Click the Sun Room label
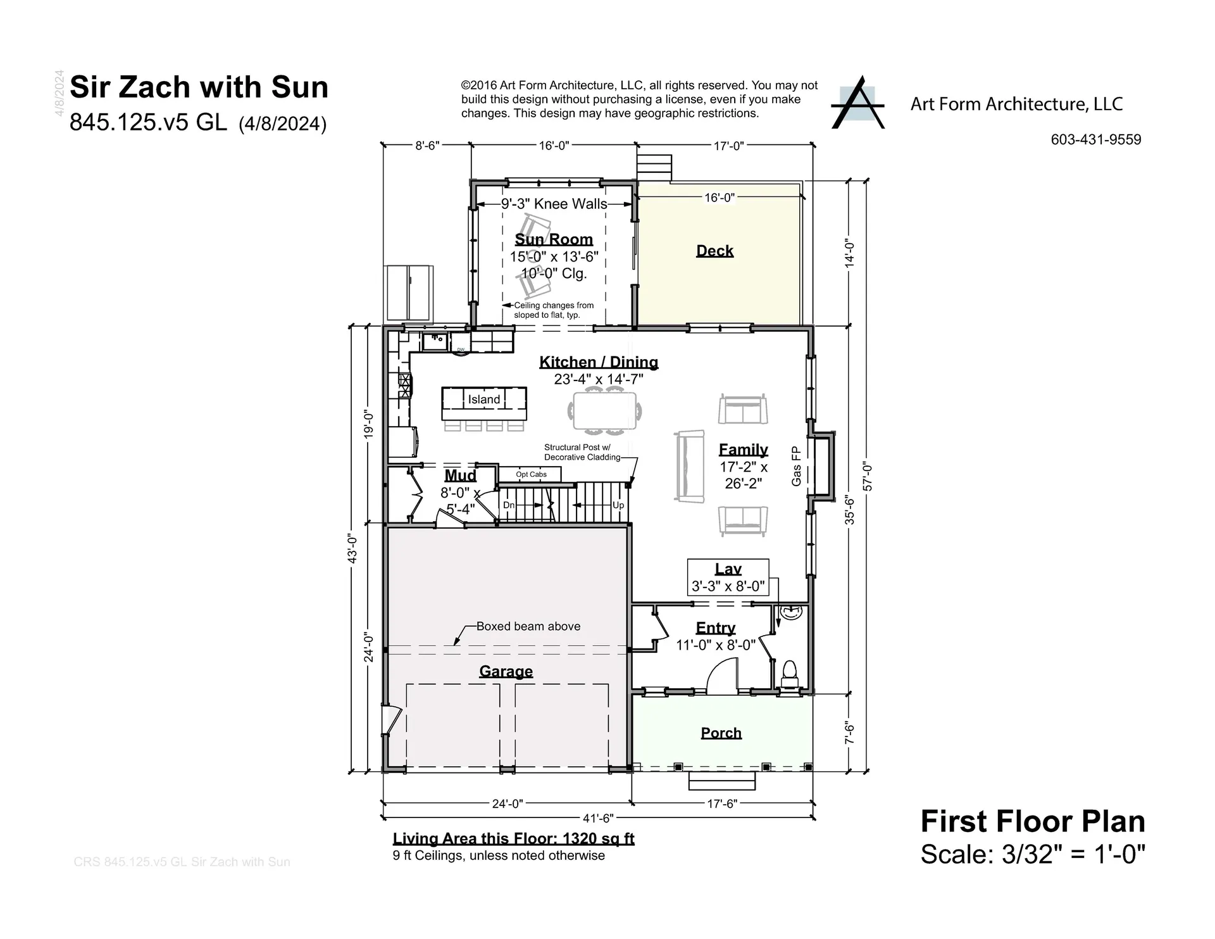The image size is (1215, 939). coord(554,239)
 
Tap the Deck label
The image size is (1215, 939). coord(714,251)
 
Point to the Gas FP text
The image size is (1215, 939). coord(796,466)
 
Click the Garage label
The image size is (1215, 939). coord(506,671)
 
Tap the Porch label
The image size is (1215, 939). coord(721,733)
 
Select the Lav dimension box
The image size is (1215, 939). coord(728,577)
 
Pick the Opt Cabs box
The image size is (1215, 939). coord(530,474)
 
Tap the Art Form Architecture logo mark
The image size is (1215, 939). coord(857,103)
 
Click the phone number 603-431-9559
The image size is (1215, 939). coord(1095,139)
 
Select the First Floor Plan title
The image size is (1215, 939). coord(1032,821)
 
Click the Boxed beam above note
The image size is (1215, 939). coord(528,626)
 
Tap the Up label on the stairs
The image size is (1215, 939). coord(618,505)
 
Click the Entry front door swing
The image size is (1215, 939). coord(722,676)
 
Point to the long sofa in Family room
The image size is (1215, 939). coord(689,467)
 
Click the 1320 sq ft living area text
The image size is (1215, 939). coord(598,838)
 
